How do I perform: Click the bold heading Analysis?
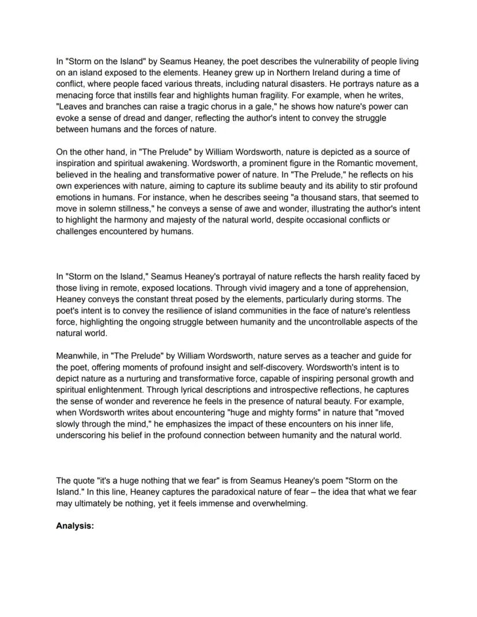(74, 526)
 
